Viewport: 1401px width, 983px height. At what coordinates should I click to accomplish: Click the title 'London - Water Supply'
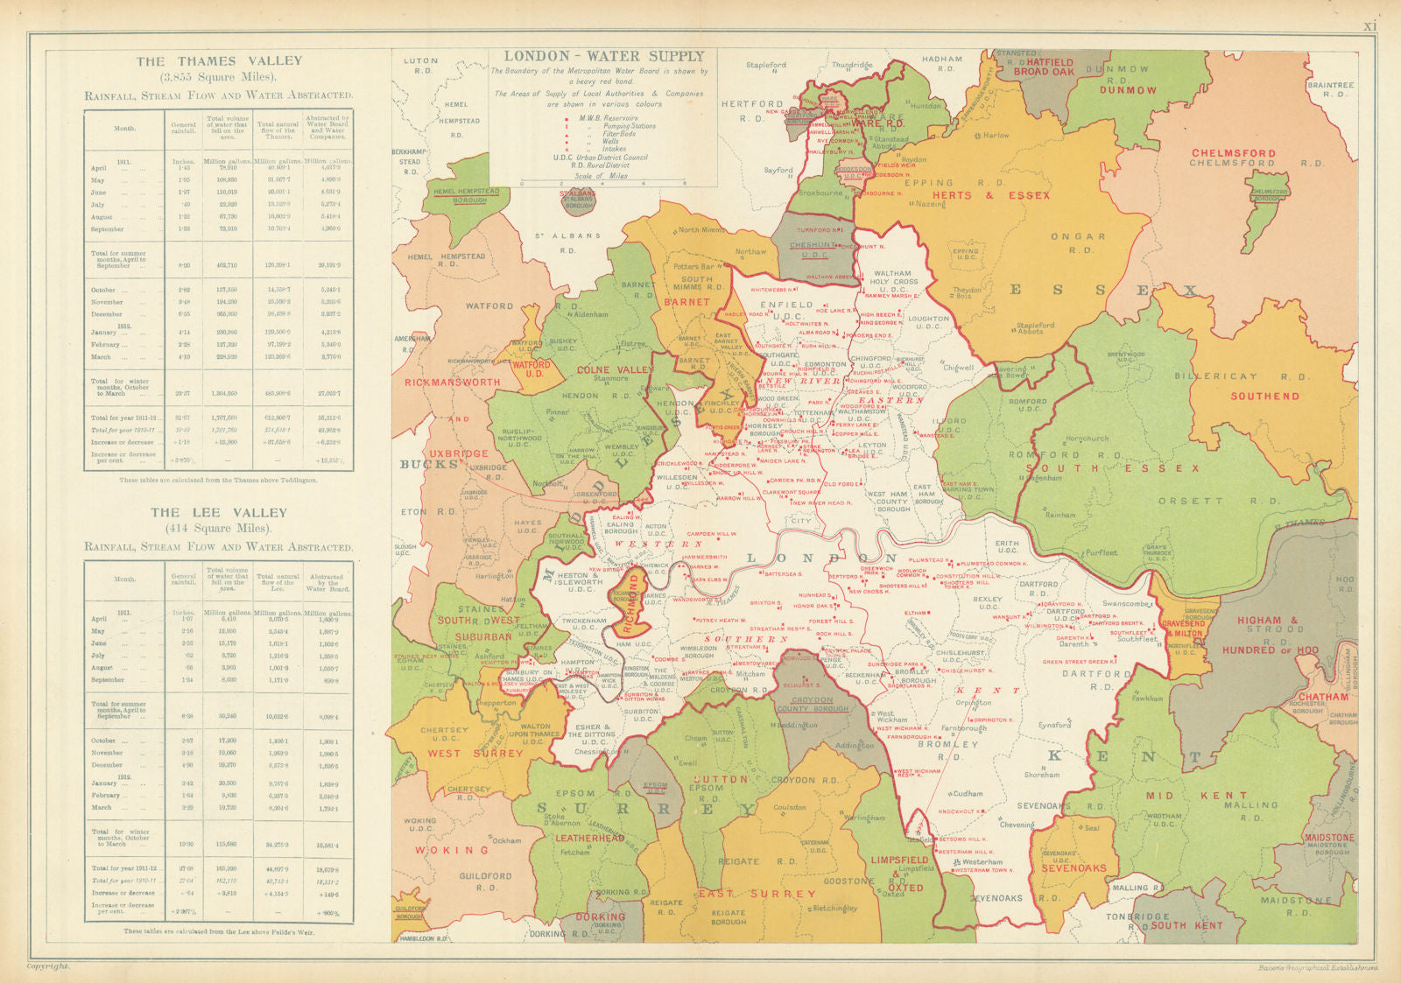click(604, 56)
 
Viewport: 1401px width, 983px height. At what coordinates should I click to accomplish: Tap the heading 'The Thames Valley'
click(219, 61)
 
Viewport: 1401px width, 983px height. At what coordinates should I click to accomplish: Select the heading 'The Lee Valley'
click(219, 513)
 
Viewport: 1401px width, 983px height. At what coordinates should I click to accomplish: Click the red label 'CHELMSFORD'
click(1233, 153)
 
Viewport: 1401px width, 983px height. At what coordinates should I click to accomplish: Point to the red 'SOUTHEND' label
click(1265, 397)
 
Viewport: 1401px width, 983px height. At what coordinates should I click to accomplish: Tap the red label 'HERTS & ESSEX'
click(990, 195)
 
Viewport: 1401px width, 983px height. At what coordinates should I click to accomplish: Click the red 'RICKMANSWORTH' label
click(453, 383)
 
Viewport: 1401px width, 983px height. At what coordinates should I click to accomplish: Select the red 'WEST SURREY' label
click(475, 754)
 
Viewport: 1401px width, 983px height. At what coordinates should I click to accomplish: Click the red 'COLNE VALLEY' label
click(616, 370)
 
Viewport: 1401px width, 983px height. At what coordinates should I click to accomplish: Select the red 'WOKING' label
click(452, 850)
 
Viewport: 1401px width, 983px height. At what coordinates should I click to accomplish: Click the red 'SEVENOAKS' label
click(1074, 868)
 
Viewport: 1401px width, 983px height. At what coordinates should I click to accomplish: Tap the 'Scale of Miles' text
click(601, 175)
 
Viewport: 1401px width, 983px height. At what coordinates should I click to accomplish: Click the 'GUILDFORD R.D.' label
click(485, 881)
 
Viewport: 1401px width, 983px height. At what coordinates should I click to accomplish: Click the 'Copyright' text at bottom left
click(48, 966)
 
